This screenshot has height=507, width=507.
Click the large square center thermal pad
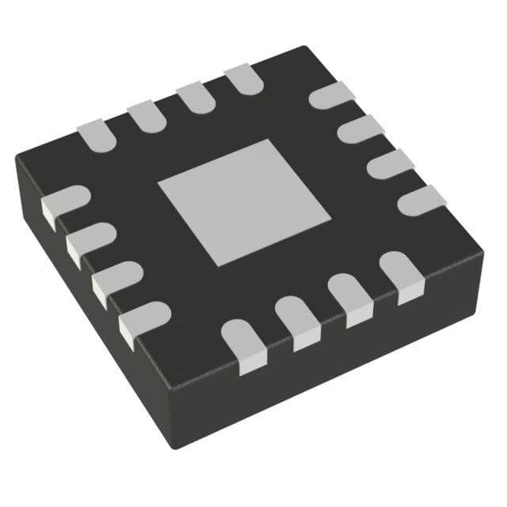[244, 201]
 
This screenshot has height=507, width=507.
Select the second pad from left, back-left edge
[146, 116]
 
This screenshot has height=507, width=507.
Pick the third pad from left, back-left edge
[194, 97]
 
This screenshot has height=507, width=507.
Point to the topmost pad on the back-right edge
[331, 96]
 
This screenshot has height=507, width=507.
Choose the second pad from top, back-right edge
[360, 129]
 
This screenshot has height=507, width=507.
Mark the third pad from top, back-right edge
[391, 164]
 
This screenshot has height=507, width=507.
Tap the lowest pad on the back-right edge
[421, 200]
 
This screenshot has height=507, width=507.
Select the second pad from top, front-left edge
[90, 241]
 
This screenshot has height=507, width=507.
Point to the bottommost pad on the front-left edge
[143, 319]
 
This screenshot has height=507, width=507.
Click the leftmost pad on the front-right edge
[243, 343]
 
